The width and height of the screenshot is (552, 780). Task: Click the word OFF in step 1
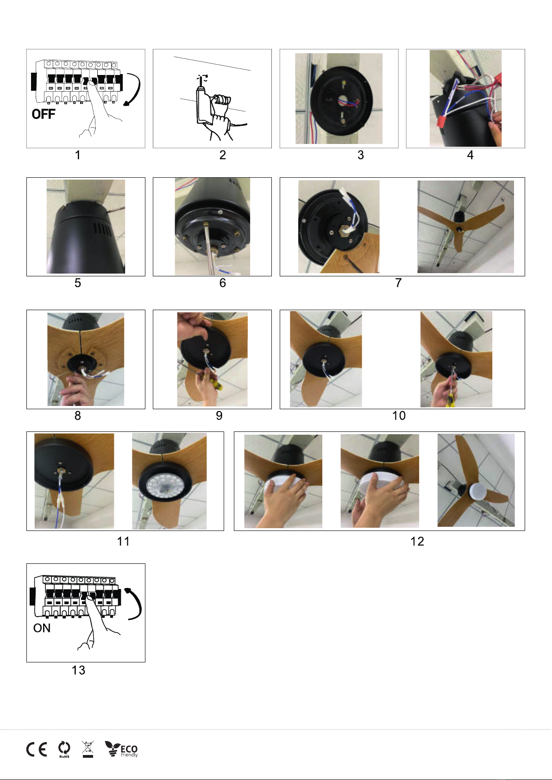point(44,114)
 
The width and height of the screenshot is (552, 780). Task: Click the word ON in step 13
point(42,628)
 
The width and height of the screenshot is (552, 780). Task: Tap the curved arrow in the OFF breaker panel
point(134,89)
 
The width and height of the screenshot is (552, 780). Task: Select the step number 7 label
point(398,282)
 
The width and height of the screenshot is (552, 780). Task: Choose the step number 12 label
point(417,541)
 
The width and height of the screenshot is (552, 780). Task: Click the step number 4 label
point(470,155)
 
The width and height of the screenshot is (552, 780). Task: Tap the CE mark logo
point(37,749)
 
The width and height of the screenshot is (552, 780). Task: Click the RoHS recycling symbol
point(64,749)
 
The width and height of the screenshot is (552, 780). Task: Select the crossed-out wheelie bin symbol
point(88,749)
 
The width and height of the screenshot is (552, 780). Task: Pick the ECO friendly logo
point(121,749)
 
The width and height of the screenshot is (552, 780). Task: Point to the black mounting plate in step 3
point(341,101)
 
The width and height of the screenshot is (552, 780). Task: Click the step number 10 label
point(399,415)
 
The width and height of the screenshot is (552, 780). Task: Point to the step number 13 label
point(78,670)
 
